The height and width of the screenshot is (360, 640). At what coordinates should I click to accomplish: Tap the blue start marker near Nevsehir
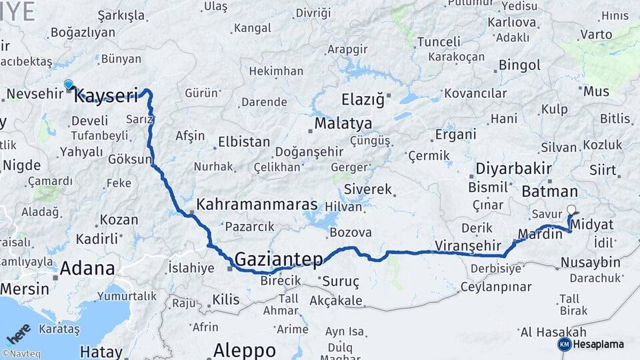tap(68, 85)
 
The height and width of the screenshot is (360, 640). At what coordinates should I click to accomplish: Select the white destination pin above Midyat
tap(571, 209)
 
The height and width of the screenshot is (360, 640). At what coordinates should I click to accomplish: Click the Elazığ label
tap(363, 100)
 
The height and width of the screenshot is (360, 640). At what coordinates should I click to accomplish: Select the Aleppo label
tap(245, 350)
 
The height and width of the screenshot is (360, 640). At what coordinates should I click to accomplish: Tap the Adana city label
tap(87, 269)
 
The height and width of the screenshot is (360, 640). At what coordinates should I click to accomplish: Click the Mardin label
tap(536, 235)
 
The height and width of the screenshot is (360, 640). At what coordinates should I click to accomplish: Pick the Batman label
tap(545, 191)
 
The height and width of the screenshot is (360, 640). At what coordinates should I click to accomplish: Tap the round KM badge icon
tap(564, 344)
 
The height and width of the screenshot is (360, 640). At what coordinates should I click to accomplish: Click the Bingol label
tap(519, 65)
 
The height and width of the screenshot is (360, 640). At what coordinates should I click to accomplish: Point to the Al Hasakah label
tap(553, 332)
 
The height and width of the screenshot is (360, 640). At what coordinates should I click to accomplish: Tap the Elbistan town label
tap(244, 142)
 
